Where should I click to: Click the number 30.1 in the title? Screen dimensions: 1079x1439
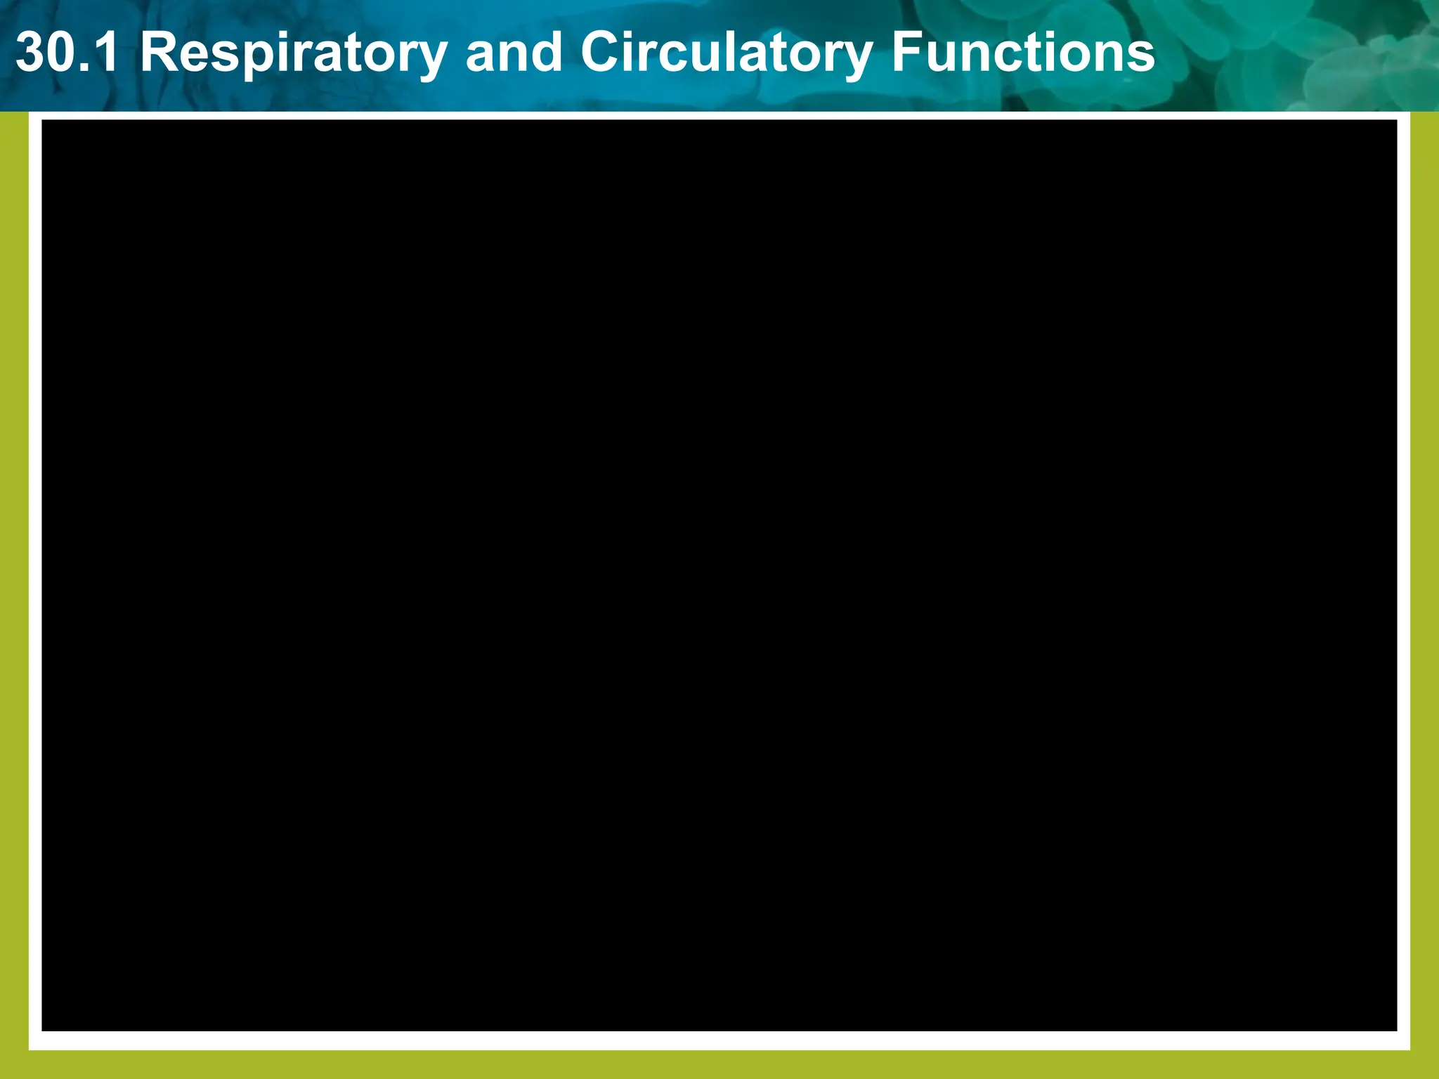click(x=67, y=53)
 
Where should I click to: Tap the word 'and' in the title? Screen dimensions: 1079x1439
click(x=514, y=53)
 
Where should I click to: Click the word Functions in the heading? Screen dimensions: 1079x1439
click(x=1023, y=53)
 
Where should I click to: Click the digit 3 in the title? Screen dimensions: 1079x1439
click(x=31, y=53)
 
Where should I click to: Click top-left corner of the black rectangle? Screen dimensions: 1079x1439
click(x=44, y=122)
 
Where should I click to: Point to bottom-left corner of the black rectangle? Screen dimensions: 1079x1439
click(x=44, y=1030)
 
